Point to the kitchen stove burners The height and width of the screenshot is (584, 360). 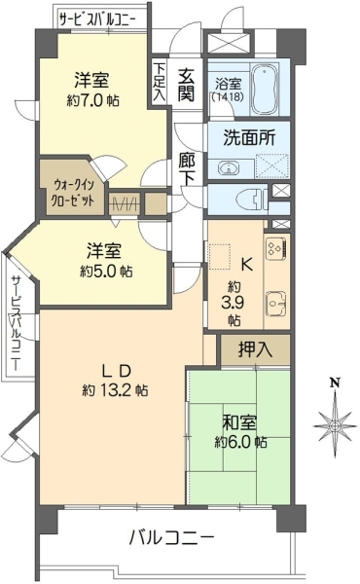(x=275, y=249)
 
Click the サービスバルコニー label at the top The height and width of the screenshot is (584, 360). (x=97, y=18)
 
